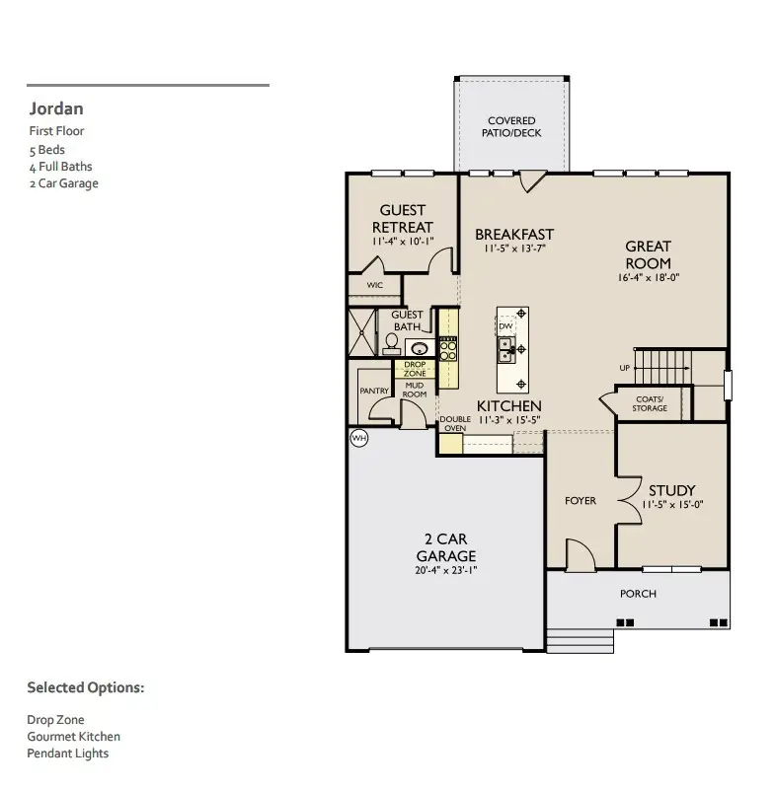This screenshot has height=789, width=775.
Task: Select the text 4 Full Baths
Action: pos(60,167)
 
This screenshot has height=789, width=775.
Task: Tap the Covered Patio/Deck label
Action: pos(511,127)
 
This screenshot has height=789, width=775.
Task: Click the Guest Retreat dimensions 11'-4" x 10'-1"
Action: pos(402,242)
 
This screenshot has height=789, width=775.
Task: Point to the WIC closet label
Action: pos(374,285)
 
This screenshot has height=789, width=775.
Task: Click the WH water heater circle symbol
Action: pos(358,437)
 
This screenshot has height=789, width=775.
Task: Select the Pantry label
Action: pos(374,392)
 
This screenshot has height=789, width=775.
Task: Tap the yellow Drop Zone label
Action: pos(415,370)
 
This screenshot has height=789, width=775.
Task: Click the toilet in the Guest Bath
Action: pos(391,342)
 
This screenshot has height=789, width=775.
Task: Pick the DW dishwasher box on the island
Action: pos(505,326)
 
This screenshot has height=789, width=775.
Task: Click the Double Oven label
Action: pos(453,423)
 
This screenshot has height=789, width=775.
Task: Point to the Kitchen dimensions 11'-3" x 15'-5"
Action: pos(508,420)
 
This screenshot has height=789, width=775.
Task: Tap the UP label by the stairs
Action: pos(624,368)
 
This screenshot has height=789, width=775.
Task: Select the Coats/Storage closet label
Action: pos(650,403)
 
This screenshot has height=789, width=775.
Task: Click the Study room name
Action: pos(671,490)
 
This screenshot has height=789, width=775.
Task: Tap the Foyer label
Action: pos(581,501)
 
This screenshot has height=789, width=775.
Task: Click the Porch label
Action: pos(638,594)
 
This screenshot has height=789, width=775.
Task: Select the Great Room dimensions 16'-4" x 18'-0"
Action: pos(648,278)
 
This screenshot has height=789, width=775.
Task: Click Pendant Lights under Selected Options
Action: pos(67,753)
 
